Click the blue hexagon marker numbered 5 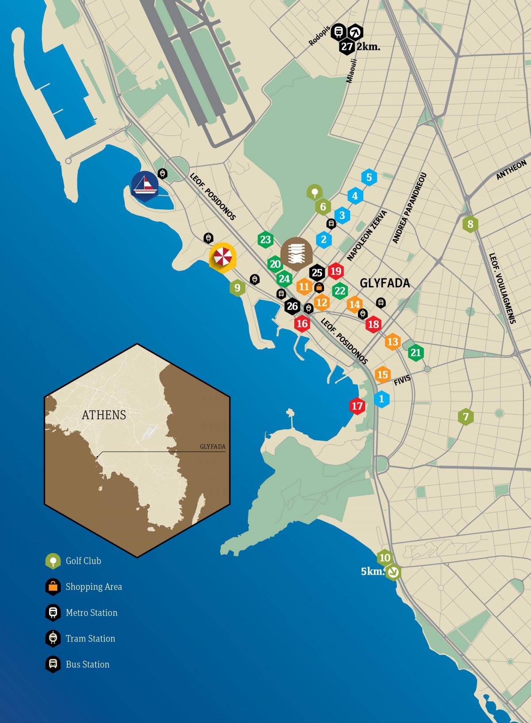coord(369,178)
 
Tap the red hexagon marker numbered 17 coord(357,406)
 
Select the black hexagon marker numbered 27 coord(346,47)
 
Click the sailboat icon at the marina coord(145,185)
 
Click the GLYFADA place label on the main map coord(385,283)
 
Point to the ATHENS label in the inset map coord(104,415)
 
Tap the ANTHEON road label coord(511,170)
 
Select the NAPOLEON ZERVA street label coord(367,235)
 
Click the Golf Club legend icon coord(53,561)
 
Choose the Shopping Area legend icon coord(53,587)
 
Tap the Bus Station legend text coord(88,664)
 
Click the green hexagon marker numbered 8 coord(470,224)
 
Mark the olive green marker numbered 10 coord(385,558)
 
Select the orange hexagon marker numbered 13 coord(392,342)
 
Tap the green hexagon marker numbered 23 coord(265,240)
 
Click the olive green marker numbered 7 coord(465,416)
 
